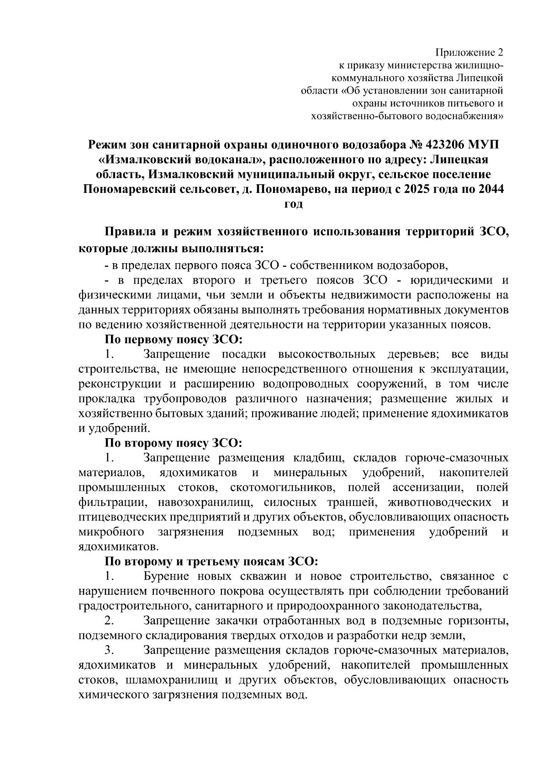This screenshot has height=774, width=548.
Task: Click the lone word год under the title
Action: pos(294,204)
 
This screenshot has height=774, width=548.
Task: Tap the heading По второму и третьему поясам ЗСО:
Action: pos(211,561)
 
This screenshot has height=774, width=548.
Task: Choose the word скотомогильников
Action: pos(283,487)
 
